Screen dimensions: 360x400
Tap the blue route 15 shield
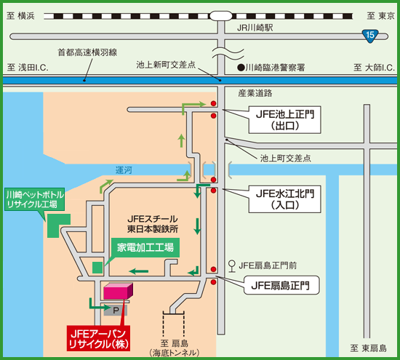click(x=370, y=34)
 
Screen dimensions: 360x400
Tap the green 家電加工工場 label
click(x=145, y=247)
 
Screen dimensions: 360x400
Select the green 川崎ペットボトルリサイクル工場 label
click(x=35, y=200)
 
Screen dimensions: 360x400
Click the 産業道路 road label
click(x=255, y=93)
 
